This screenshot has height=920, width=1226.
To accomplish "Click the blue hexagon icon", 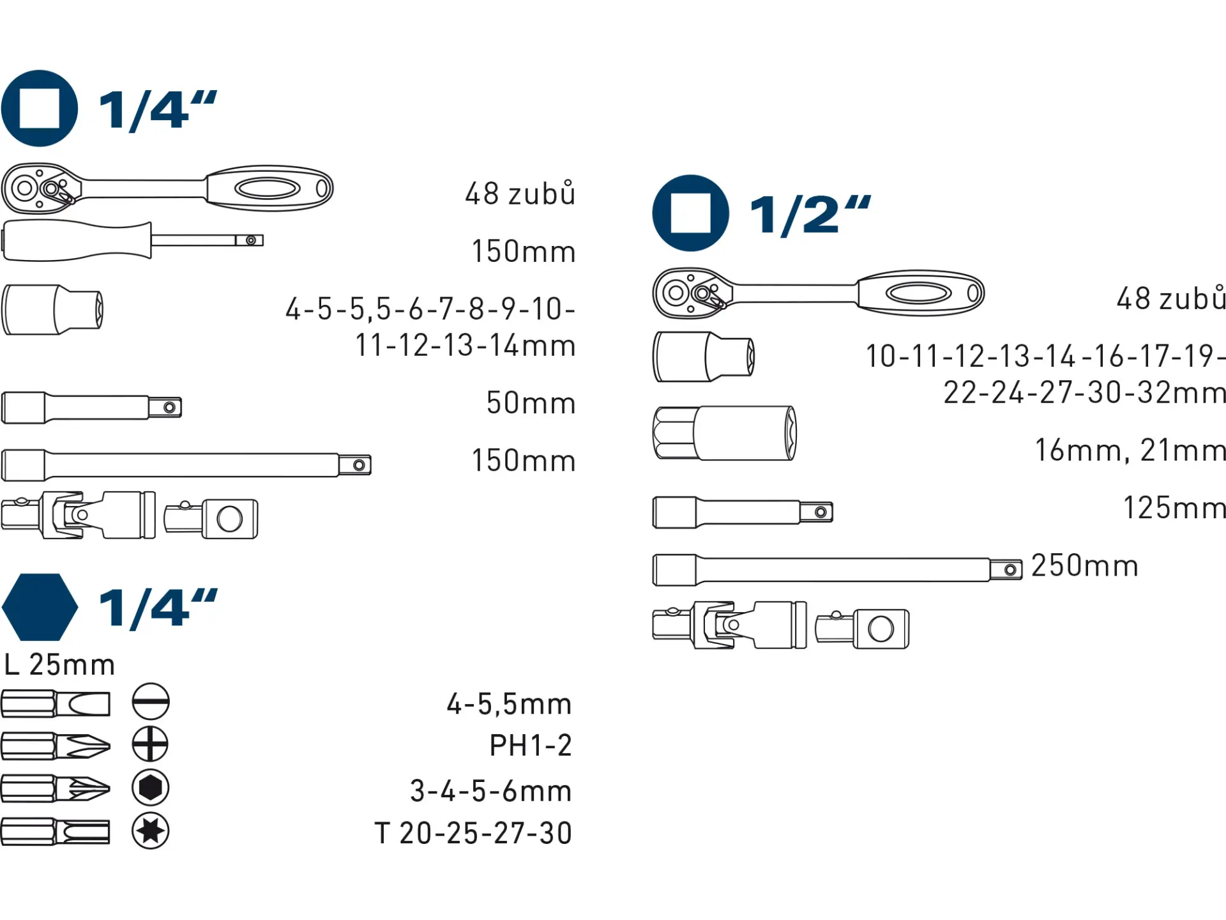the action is [x=40, y=607].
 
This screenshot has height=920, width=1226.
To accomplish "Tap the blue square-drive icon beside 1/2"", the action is [x=690, y=213].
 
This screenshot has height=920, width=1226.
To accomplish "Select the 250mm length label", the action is [x=1085, y=565].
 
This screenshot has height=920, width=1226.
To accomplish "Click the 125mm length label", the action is [x=1175, y=508].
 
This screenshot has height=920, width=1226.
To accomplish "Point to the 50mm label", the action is [x=531, y=403].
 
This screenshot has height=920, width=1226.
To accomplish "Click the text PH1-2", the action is [x=531, y=745].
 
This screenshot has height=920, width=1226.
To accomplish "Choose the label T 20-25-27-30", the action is [x=473, y=833].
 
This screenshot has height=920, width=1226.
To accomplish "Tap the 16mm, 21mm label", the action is [x=1130, y=450].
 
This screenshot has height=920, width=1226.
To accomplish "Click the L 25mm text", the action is [x=59, y=664].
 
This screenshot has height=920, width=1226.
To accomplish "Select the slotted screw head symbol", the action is [x=151, y=701].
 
